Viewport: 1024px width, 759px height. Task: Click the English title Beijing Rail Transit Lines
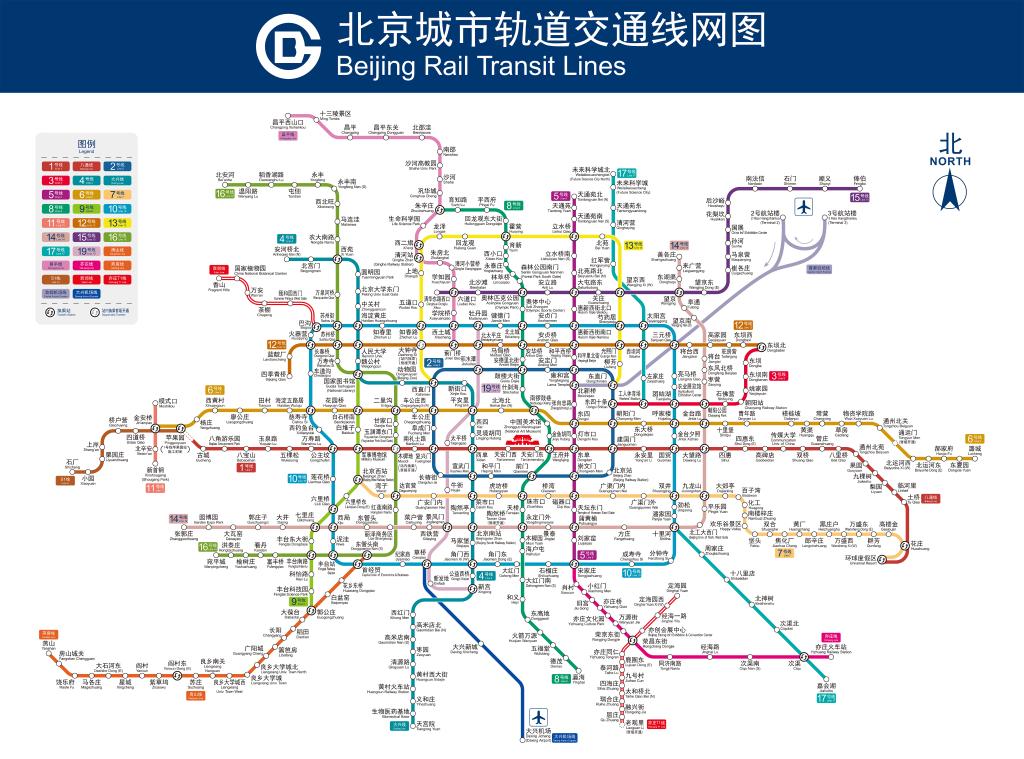tap(481, 66)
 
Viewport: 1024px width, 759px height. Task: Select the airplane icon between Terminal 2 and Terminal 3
tap(801, 207)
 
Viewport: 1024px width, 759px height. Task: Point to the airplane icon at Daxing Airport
tap(539, 718)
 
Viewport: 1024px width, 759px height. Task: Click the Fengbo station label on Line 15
tap(860, 181)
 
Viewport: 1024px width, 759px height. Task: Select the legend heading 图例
tap(87, 144)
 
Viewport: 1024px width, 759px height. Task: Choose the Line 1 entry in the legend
tap(56, 165)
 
